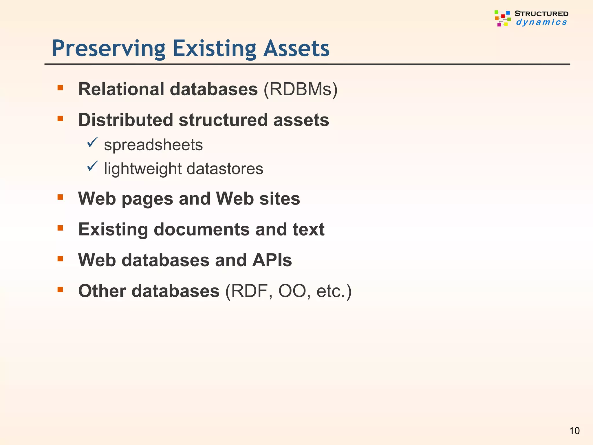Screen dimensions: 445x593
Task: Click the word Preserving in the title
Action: (x=109, y=49)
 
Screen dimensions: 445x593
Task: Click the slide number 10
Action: (x=574, y=431)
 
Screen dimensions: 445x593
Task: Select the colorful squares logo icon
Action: (x=502, y=18)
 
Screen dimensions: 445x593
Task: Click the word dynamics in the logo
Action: (x=541, y=22)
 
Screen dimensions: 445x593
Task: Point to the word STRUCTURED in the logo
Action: (x=541, y=14)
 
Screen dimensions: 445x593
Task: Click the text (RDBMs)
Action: (x=300, y=89)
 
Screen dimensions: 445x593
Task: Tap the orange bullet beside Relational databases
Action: (x=60, y=88)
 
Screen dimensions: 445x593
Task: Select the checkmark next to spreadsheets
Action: (x=92, y=142)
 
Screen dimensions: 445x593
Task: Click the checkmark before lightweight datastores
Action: (x=92, y=166)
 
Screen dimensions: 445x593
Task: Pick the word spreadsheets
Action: (x=153, y=145)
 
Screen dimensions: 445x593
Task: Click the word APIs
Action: (x=272, y=260)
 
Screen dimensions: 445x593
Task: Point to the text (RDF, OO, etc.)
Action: (x=288, y=291)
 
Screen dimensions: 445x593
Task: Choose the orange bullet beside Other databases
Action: (x=60, y=289)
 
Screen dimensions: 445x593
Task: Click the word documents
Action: (x=202, y=229)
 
